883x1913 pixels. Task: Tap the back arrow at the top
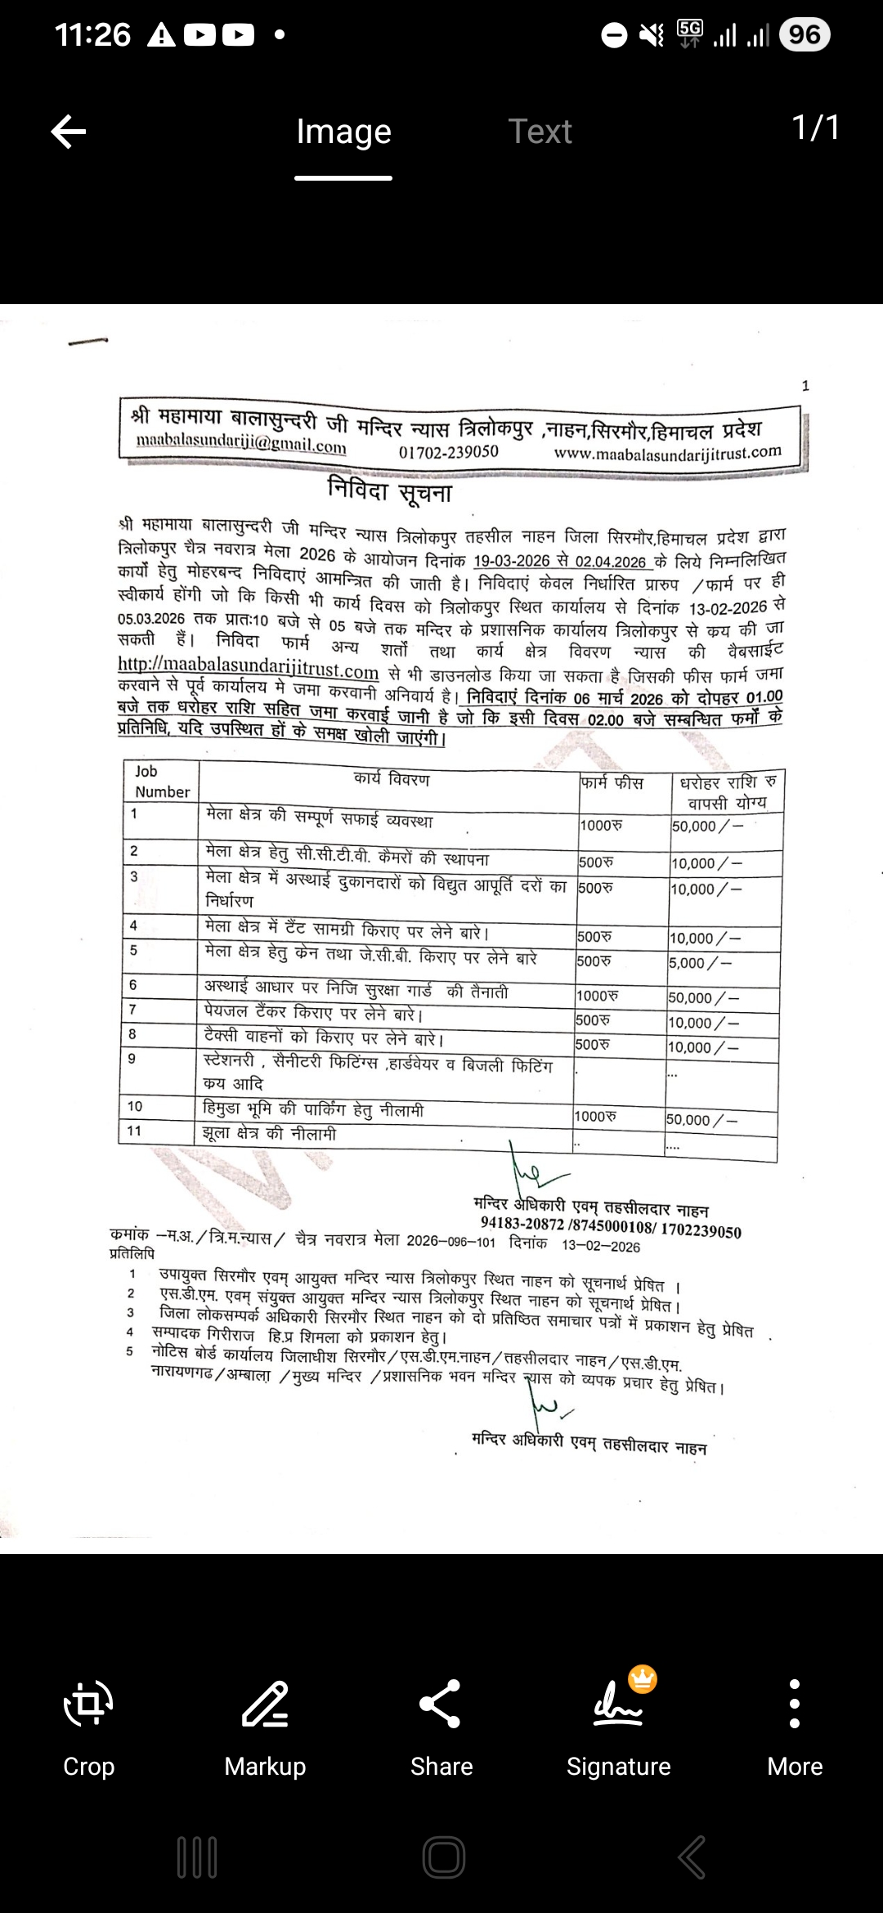[x=69, y=132]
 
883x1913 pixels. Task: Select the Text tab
[x=540, y=132]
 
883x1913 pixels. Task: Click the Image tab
[x=343, y=132]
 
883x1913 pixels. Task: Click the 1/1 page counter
[x=815, y=128]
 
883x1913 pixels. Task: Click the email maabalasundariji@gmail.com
[x=241, y=445]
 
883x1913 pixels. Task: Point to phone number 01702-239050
[x=448, y=451]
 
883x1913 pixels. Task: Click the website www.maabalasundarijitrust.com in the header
[x=667, y=452]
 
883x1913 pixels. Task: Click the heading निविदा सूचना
[x=389, y=491]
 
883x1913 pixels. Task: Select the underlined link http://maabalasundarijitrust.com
[x=249, y=670]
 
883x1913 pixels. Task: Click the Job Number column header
[x=162, y=782]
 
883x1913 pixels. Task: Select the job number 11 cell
[x=134, y=1131]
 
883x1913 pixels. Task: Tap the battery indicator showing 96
[x=805, y=34]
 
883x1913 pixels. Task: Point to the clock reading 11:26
[x=93, y=34]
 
